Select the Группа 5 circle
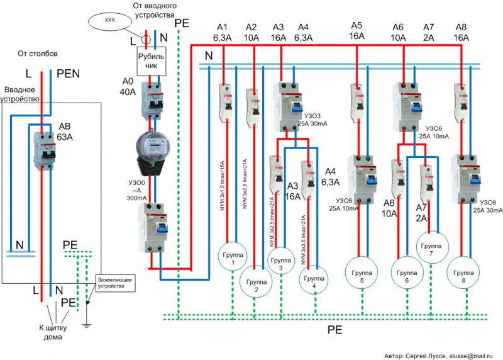point(362,275)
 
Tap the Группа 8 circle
point(463,275)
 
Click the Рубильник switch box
point(152,62)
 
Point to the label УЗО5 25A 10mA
point(341,208)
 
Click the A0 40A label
point(128,87)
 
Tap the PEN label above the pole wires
point(67,74)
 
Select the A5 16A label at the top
point(357,31)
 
